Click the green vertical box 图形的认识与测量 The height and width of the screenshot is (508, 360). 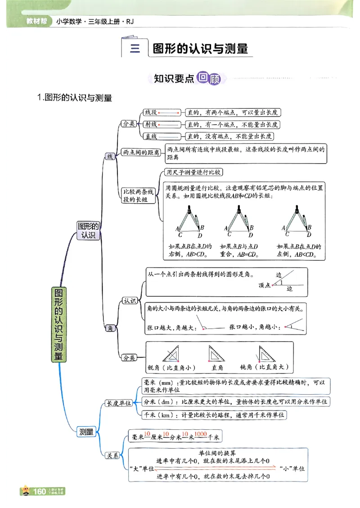click(x=59, y=325)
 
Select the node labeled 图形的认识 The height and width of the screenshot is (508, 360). click(x=88, y=230)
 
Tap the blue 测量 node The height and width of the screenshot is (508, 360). click(x=86, y=432)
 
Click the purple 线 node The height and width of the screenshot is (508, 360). click(x=109, y=156)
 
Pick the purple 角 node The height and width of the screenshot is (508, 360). click(x=110, y=329)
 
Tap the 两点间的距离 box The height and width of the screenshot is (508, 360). click(x=141, y=153)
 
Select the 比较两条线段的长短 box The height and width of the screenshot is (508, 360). click(x=139, y=196)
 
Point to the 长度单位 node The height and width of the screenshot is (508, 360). click(x=118, y=403)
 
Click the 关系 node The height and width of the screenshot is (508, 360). click(x=112, y=455)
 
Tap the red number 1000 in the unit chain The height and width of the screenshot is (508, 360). click(x=201, y=434)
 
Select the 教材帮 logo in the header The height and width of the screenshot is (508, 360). click(x=36, y=21)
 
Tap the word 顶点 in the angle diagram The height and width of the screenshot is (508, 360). click(x=264, y=285)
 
